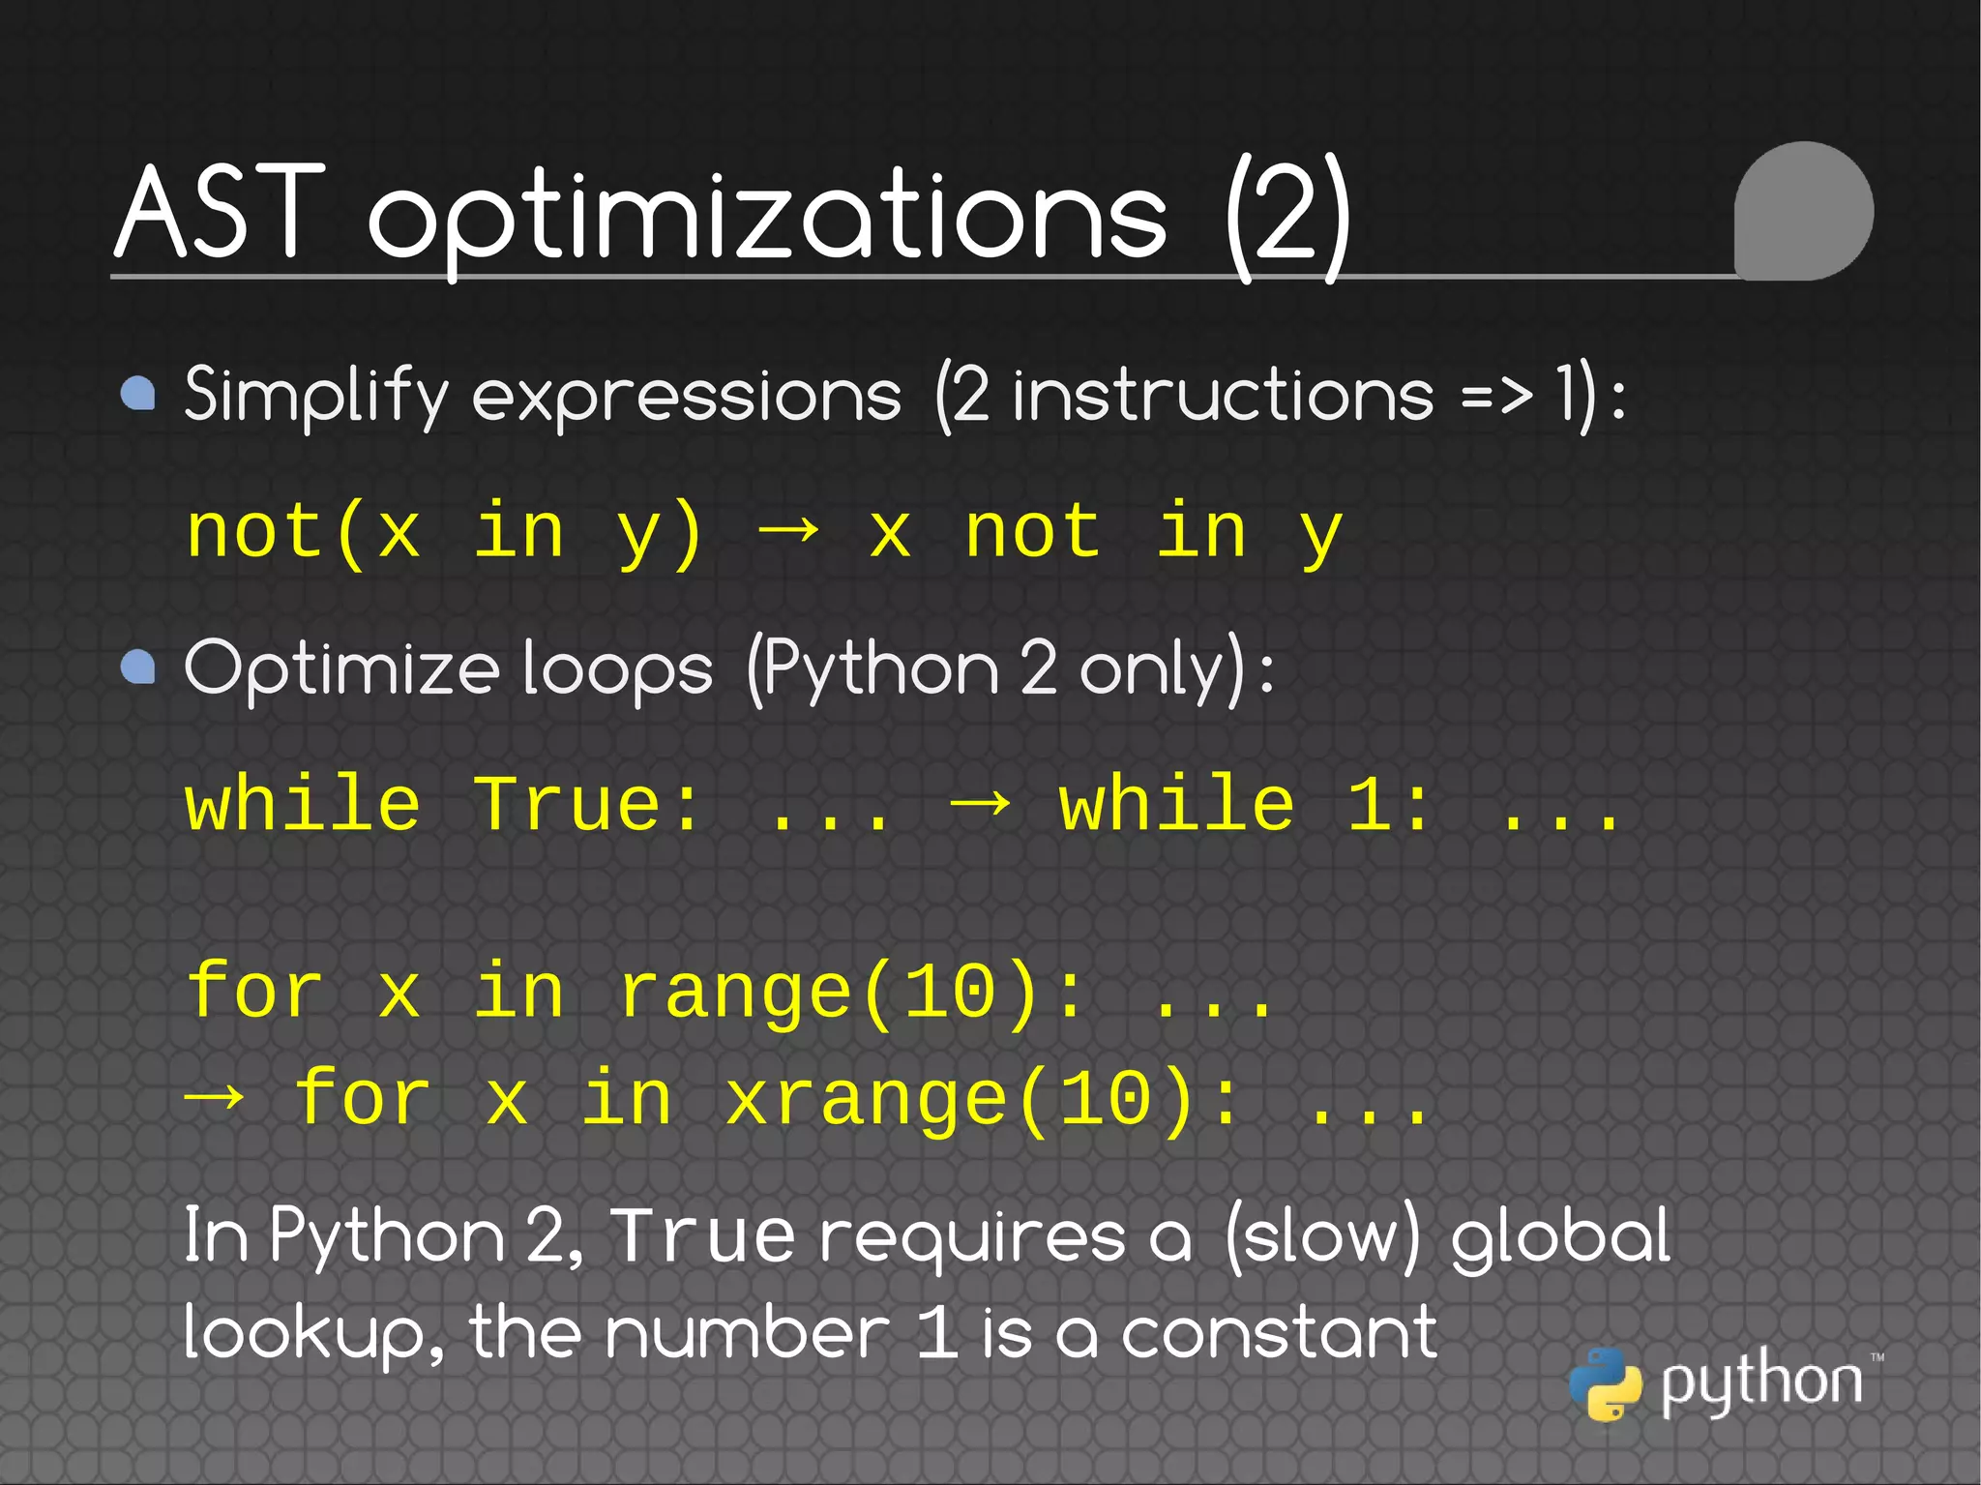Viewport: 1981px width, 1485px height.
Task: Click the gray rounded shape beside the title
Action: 1803,211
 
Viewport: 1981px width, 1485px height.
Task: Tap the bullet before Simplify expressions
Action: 138,394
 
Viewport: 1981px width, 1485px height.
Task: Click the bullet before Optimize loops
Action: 138,667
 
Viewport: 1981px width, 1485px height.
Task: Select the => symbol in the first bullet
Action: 1496,395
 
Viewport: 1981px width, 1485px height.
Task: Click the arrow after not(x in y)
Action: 788,531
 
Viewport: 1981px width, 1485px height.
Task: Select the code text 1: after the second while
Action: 1388,805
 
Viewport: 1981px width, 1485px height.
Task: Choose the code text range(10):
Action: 851,993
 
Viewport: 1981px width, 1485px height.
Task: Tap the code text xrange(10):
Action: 982,1100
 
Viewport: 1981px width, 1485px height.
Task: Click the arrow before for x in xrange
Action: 214,1099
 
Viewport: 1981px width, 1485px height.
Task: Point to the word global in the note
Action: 1560,1238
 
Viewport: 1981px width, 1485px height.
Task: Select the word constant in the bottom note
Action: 1279,1333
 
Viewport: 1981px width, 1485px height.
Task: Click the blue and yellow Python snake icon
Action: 1606,1383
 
